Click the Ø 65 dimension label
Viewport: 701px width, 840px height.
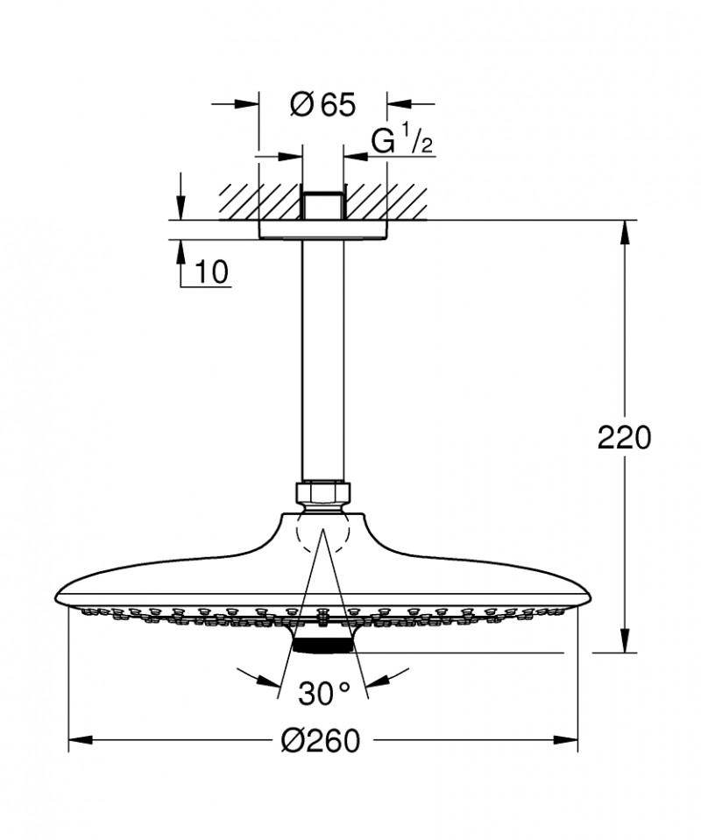pyautogui.click(x=322, y=105)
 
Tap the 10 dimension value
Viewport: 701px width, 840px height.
pyautogui.click(x=210, y=272)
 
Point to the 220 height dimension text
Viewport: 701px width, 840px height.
pyautogui.click(x=625, y=437)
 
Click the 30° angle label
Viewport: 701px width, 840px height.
pyautogui.click(x=322, y=694)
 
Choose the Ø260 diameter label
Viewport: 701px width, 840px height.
pyautogui.click(x=321, y=741)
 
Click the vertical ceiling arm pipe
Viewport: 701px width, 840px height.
pyautogui.click(x=322, y=359)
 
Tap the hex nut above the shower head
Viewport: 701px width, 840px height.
pyautogui.click(x=322, y=493)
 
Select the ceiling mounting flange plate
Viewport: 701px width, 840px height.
pyautogui.click(x=322, y=230)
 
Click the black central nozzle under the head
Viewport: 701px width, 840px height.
pyautogui.click(x=322, y=646)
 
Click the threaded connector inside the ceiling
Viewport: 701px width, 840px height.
pyautogui.click(x=322, y=205)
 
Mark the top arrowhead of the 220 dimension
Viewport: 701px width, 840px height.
pyautogui.click(x=625, y=229)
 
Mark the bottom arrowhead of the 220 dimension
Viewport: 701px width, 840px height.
pyautogui.click(x=625, y=643)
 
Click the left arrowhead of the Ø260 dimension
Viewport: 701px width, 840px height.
pyautogui.click(x=79, y=741)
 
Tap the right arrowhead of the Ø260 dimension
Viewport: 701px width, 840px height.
pyautogui.click(x=568, y=741)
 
